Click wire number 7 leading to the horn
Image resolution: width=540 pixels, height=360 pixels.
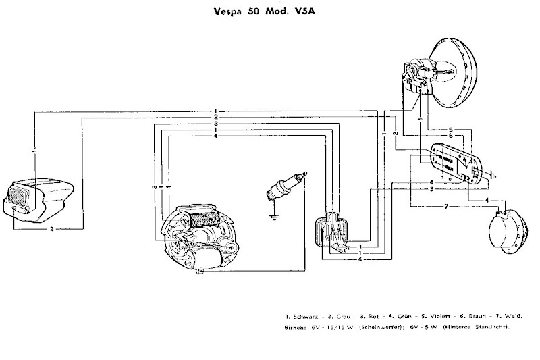coord(446,206)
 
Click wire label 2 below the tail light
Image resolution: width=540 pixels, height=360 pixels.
coord(52,229)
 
